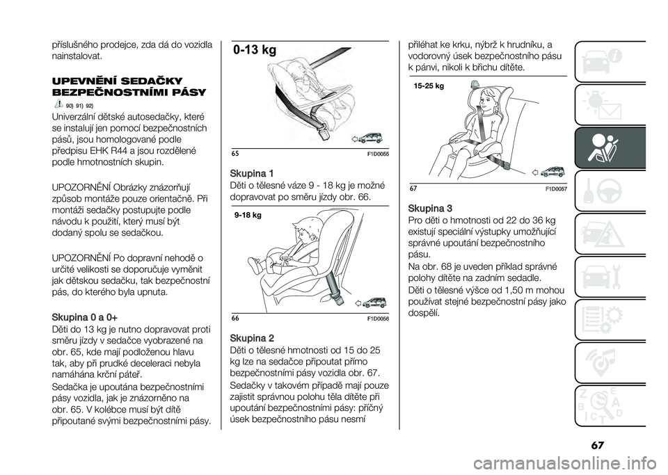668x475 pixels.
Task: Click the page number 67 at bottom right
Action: point(598,446)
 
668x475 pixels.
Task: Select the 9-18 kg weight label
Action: point(248,216)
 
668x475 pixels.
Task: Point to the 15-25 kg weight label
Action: point(429,86)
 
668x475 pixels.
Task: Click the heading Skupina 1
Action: point(251,174)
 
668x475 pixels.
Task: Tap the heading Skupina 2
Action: point(251,339)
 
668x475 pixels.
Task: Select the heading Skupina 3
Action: point(430,209)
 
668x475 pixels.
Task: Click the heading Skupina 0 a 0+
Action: point(84,318)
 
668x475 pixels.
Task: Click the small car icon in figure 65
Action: point(369,138)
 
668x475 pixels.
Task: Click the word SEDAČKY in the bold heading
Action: point(152,81)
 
